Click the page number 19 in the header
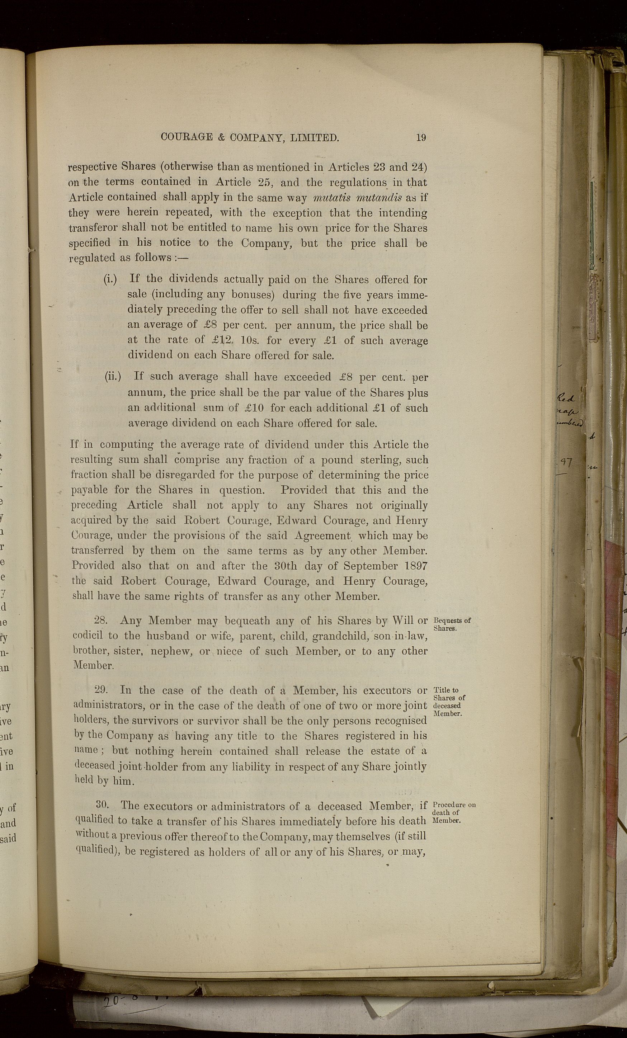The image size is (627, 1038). click(421, 137)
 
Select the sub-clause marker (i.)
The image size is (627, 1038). click(110, 279)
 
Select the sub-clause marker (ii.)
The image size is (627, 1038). click(113, 376)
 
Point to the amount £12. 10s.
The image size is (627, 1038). click(232, 340)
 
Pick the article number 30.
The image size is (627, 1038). click(103, 805)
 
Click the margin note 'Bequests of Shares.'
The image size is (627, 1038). click(451, 624)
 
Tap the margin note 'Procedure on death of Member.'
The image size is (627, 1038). click(453, 812)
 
